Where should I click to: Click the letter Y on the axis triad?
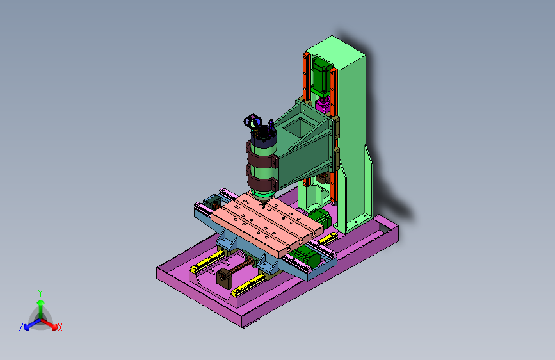(40, 293)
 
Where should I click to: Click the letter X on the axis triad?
(60, 327)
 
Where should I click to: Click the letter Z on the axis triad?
(21, 327)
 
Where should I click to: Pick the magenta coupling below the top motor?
(323, 104)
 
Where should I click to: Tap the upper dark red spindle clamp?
(261, 158)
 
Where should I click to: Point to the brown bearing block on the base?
(224, 277)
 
